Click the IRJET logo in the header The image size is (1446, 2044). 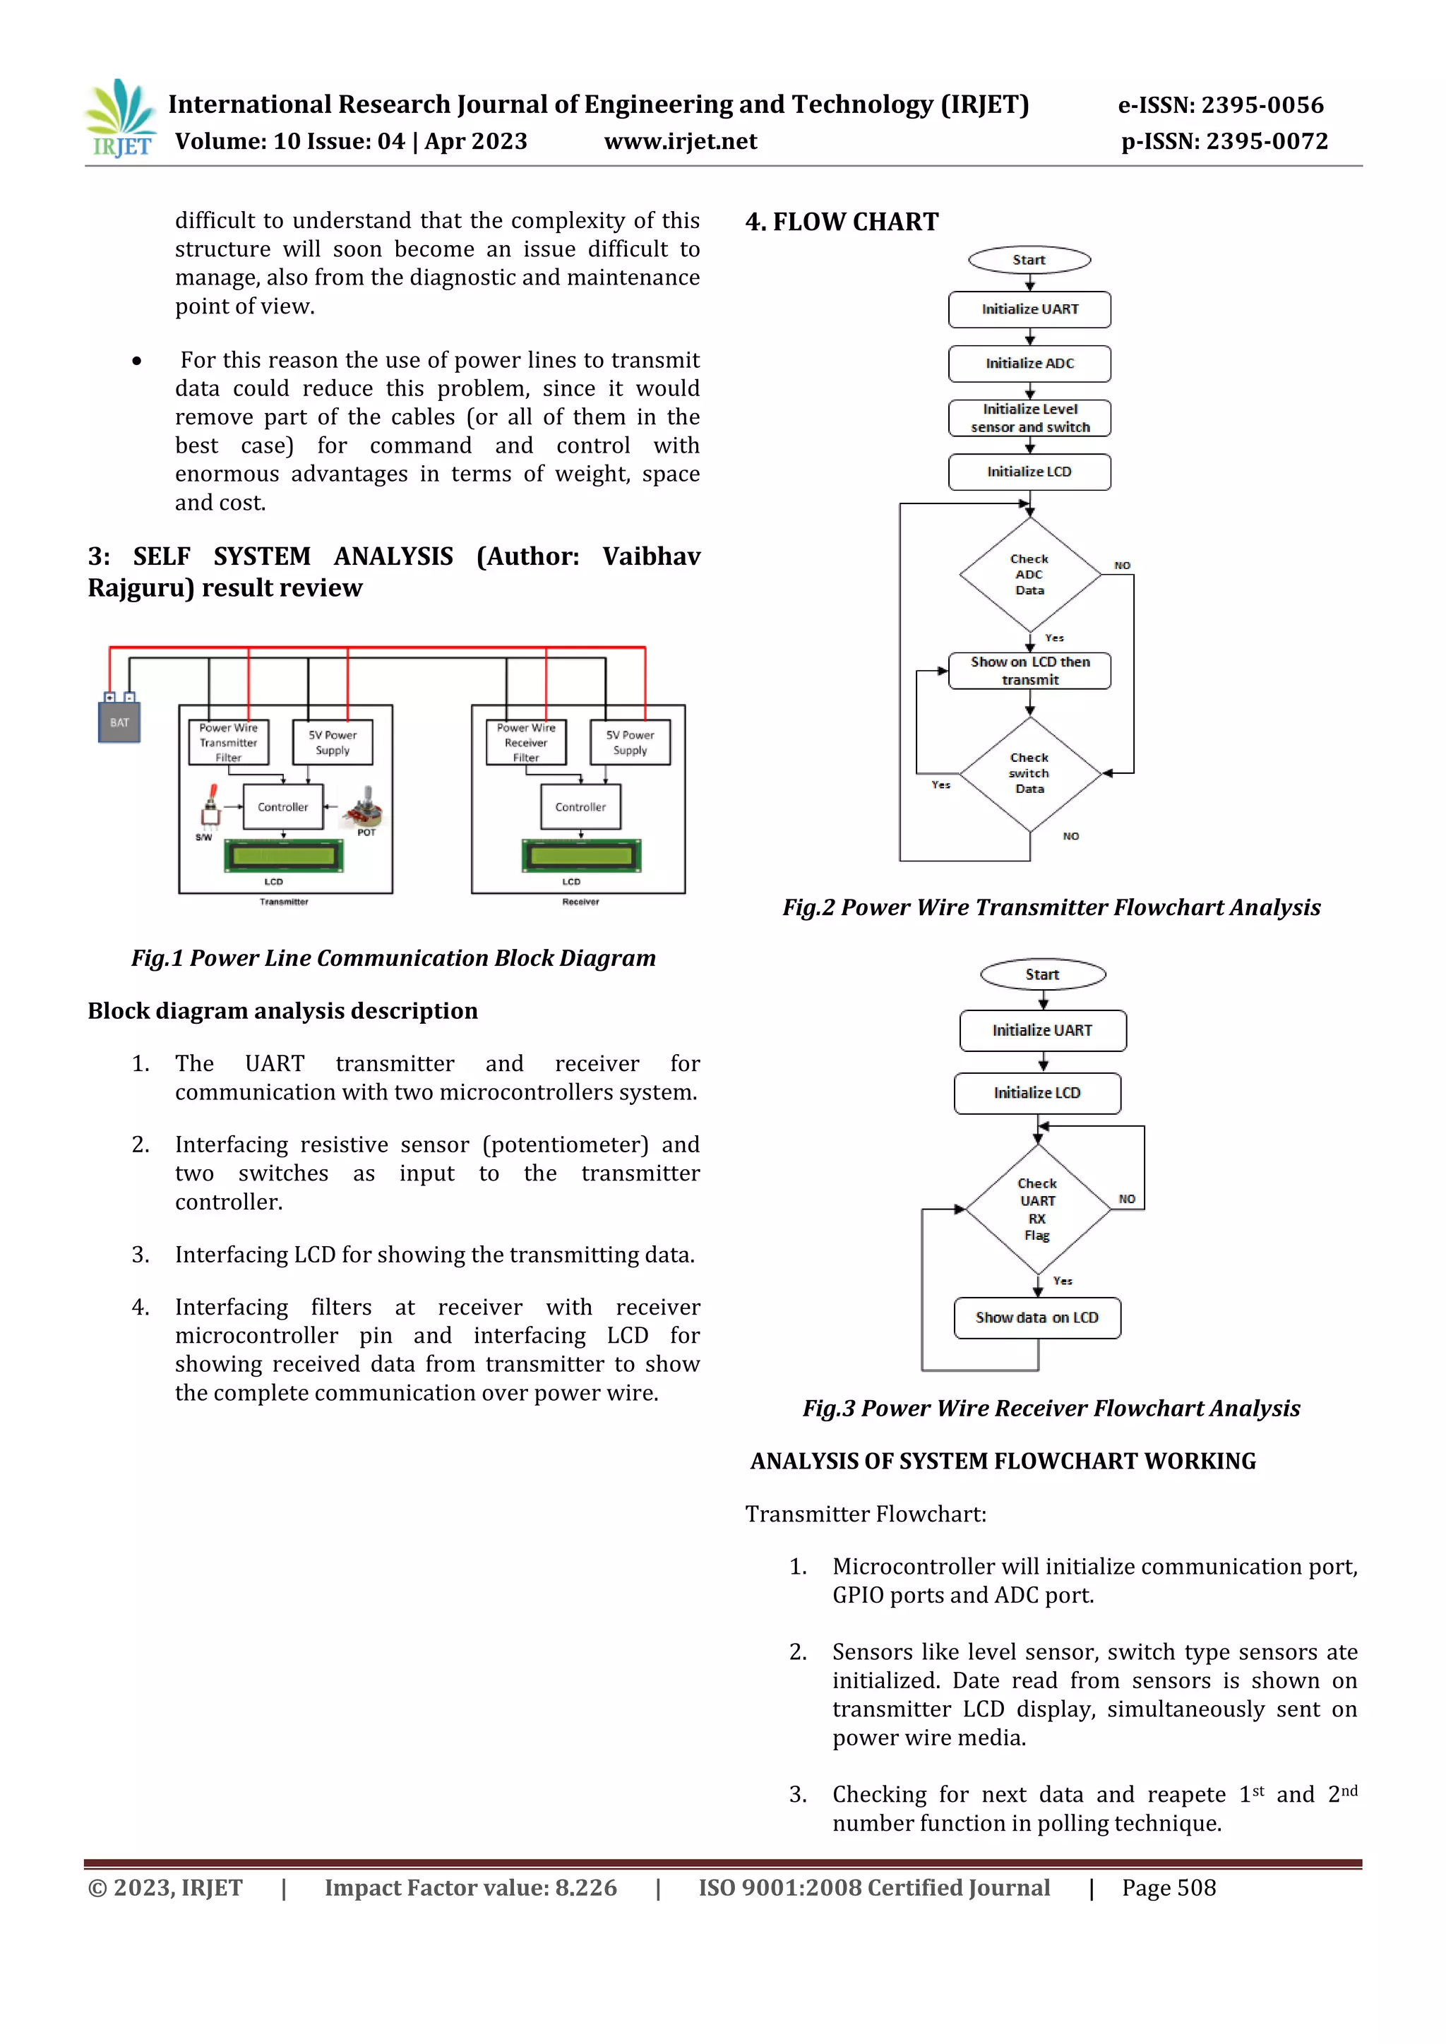coord(120,119)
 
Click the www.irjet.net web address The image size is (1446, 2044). coord(680,141)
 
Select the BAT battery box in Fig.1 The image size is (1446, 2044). coord(119,722)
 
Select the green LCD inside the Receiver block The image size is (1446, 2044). coord(580,856)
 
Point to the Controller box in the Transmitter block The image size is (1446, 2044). coord(283,806)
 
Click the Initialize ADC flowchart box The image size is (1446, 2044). coord(1029,363)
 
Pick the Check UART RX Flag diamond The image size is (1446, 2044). coord(1037,1209)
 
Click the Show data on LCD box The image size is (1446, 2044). coord(1037,1317)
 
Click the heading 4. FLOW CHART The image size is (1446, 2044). coord(842,222)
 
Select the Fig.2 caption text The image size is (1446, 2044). coord(1051,907)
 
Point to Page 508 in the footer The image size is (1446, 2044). coord(1169,1888)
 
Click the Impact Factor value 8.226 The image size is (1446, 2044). coord(470,1888)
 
